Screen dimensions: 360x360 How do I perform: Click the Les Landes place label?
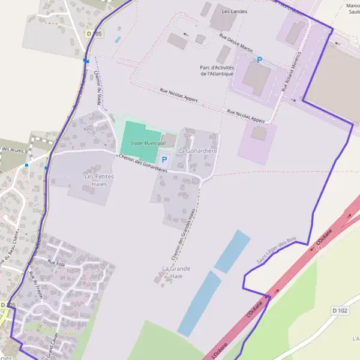point(234,11)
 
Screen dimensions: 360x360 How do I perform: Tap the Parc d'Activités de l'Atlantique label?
point(225,71)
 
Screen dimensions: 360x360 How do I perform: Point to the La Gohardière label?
point(197,150)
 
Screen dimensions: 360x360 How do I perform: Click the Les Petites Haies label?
point(99,181)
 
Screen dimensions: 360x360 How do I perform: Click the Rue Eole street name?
point(56,263)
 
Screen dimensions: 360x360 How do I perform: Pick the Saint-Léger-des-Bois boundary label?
point(277,248)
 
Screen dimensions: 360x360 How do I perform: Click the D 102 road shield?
point(340,310)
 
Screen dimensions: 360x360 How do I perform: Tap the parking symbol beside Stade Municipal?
point(164,160)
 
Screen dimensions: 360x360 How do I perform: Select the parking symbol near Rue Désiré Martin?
point(260,59)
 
